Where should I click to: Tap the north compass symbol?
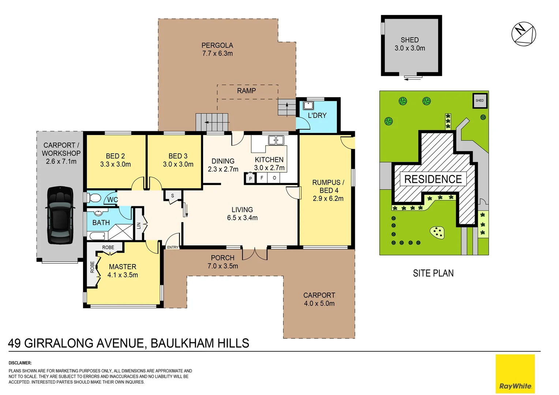tap(524, 34)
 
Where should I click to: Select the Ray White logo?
tap(515, 374)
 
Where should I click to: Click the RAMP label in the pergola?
tap(246, 91)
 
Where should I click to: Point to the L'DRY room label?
tap(317, 116)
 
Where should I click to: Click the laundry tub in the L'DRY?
tap(308, 106)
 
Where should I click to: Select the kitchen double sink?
tap(276, 140)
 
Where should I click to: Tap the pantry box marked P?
tap(250, 178)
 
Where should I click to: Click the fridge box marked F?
tap(262, 178)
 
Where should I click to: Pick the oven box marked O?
tap(274, 178)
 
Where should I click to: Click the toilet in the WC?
tap(94, 198)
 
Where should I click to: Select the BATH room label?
tap(101, 223)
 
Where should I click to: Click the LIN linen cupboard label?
tap(139, 226)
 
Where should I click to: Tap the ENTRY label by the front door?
tap(173, 248)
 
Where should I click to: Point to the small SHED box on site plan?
tap(480, 101)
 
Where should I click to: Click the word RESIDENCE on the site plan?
tap(433, 179)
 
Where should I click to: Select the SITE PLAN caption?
tap(433, 273)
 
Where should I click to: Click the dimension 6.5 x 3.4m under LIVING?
tap(242, 218)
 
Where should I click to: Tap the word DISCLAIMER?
tap(20, 363)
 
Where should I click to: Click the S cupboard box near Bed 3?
tap(173, 196)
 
